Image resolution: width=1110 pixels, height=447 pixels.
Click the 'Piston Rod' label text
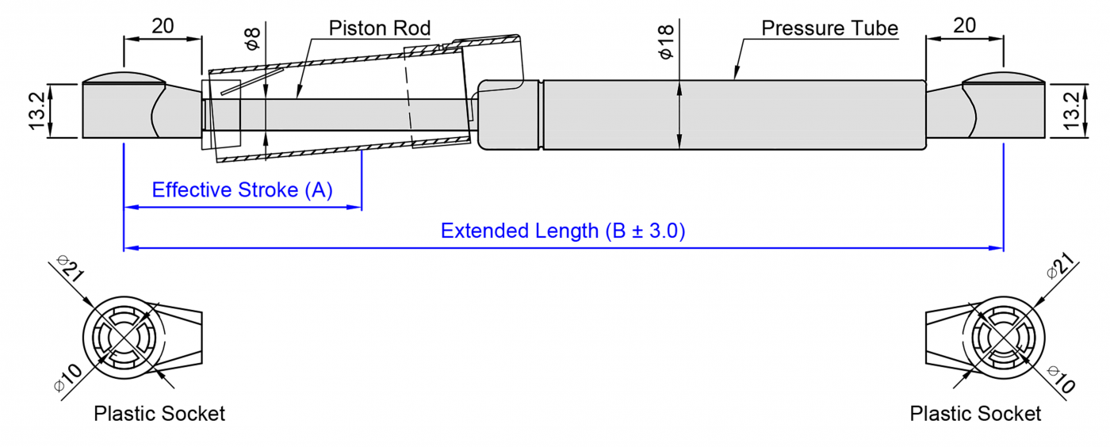pyautogui.click(x=380, y=29)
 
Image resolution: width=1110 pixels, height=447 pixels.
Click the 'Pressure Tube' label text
pyautogui.click(x=829, y=29)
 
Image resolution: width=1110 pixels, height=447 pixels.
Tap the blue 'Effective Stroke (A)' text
pyautogui.click(x=242, y=190)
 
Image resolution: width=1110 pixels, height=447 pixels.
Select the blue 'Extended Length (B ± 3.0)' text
pyautogui.click(x=563, y=231)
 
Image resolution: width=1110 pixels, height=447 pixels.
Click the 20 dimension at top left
pyautogui.click(x=163, y=25)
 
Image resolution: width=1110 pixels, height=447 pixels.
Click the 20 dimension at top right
pyautogui.click(x=964, y=25)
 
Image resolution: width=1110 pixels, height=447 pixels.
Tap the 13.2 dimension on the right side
pyautogui.click(x=1072, y=110)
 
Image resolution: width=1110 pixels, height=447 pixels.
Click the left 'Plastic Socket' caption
pyautogui.click(x=159, y=414)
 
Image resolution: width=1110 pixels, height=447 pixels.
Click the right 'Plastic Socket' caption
pyautogui.click(x=975, y=414)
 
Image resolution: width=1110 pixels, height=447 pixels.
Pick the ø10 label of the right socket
pyautogui.click(x=1061, y=378)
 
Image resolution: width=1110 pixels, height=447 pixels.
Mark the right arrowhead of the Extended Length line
pyautogui.click(x=998, y=248)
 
